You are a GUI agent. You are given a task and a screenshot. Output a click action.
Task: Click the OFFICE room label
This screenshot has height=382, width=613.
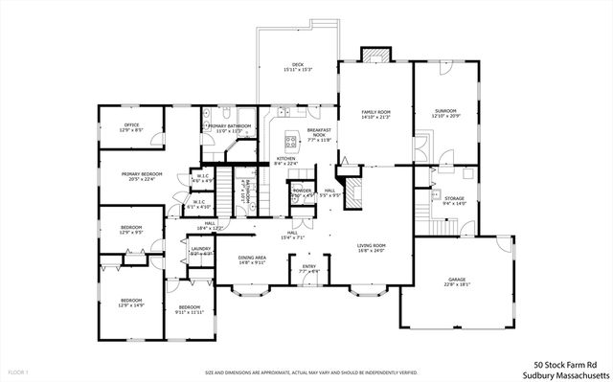click(x=131, y=124)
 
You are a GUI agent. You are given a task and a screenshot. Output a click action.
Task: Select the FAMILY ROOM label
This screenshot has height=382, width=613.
click(x=375, y=113)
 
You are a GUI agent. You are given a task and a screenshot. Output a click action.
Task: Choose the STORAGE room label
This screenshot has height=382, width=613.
click(x=454, y=198)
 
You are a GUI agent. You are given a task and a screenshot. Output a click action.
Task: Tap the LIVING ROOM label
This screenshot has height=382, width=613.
click(x=371, y=246)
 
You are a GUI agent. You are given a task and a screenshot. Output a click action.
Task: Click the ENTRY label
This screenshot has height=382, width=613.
click(x=309, y=267)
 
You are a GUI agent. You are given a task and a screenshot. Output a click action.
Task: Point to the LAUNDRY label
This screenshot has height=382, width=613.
click(x=200, y=249)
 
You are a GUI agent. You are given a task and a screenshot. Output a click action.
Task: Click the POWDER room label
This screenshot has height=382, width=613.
click(x=303, y=191)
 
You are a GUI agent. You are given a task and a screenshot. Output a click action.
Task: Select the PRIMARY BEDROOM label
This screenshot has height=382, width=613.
click(x=141, y=174)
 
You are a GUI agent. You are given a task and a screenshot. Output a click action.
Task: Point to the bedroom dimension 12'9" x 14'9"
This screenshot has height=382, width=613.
click(x=131, y=305)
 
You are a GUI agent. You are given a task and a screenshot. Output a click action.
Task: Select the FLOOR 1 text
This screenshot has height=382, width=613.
click(x=17, y=371)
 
